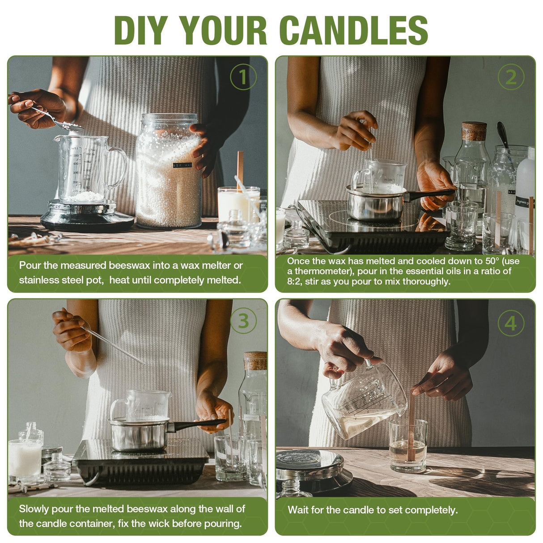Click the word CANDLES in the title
click(354, 30)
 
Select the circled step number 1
click(243, 77)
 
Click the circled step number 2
click(511, 77)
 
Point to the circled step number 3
click(243, 320)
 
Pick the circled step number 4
click(511, 323)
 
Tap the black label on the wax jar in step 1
click(182, 165)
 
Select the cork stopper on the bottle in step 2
click(474, 131)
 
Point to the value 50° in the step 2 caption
click(492, 261)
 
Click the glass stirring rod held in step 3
click(112, 344)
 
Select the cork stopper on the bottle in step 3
click(255, 361)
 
